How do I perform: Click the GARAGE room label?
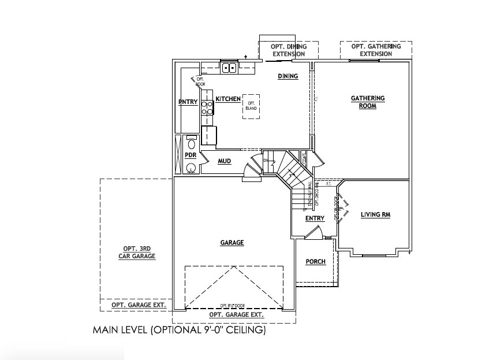coord(231,243)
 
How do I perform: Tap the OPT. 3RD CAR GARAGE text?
coord(137,252)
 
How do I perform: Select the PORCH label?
coord(315,262)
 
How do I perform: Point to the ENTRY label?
coord(315,218)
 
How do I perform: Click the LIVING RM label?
coord(376,215)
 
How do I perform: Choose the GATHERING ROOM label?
coord(368,102)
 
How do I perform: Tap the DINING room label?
coord(287,76)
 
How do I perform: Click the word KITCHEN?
coord(228,99)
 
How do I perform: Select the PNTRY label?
coord(188,102)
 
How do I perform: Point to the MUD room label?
coord(225,161)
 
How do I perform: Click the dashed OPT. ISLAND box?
coord(251,106)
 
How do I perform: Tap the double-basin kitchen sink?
coord(229,68)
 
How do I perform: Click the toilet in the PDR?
coord(191,144)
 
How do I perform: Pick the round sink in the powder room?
coord(190,168)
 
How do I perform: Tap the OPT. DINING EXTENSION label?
coord(289,50)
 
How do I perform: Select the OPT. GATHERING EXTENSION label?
coord(376,50)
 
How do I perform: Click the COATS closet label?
coord(304,157)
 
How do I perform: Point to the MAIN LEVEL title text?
coord(179,331)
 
